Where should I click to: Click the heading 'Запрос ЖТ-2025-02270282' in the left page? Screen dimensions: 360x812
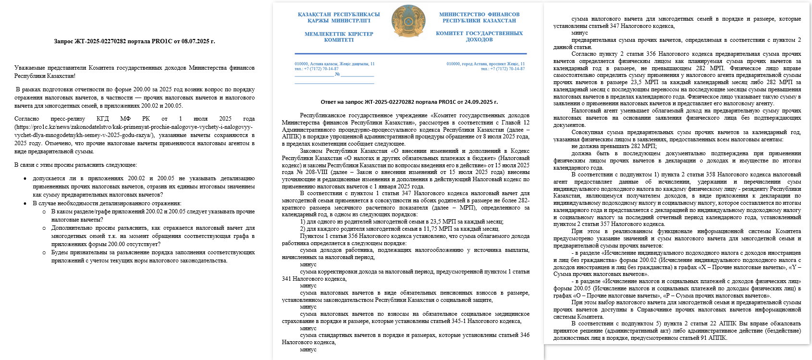(134, 41)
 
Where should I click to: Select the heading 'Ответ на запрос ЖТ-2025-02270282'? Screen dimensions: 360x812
(409, 102)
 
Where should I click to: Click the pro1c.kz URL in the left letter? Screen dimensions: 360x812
(134, 131)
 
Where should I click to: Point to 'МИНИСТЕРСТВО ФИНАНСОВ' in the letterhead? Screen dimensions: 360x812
(479, 14)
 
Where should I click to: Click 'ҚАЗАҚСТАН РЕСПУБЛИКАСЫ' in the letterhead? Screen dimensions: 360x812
(339, 14)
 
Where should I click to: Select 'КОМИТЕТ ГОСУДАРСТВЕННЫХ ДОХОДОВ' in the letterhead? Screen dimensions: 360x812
(479, 37)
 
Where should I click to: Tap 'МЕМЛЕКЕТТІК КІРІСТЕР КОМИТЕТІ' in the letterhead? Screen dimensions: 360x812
(339, 37)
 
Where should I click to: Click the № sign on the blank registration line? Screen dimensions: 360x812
(337, 74)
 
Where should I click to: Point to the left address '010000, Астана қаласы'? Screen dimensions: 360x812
(334, 64)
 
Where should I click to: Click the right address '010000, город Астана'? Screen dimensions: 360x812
(485, 64)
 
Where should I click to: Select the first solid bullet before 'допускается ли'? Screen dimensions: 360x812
(25, 179)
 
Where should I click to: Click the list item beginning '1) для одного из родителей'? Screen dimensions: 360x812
(402, 222)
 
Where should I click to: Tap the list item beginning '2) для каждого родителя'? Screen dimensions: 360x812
(399, 229)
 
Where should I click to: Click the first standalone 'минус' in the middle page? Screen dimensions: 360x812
(308, 264)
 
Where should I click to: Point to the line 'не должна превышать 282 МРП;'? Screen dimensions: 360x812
(614, 147)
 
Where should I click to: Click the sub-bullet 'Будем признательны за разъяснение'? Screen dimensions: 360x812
(152, 252)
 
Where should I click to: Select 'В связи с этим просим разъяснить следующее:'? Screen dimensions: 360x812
(75, 165)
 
